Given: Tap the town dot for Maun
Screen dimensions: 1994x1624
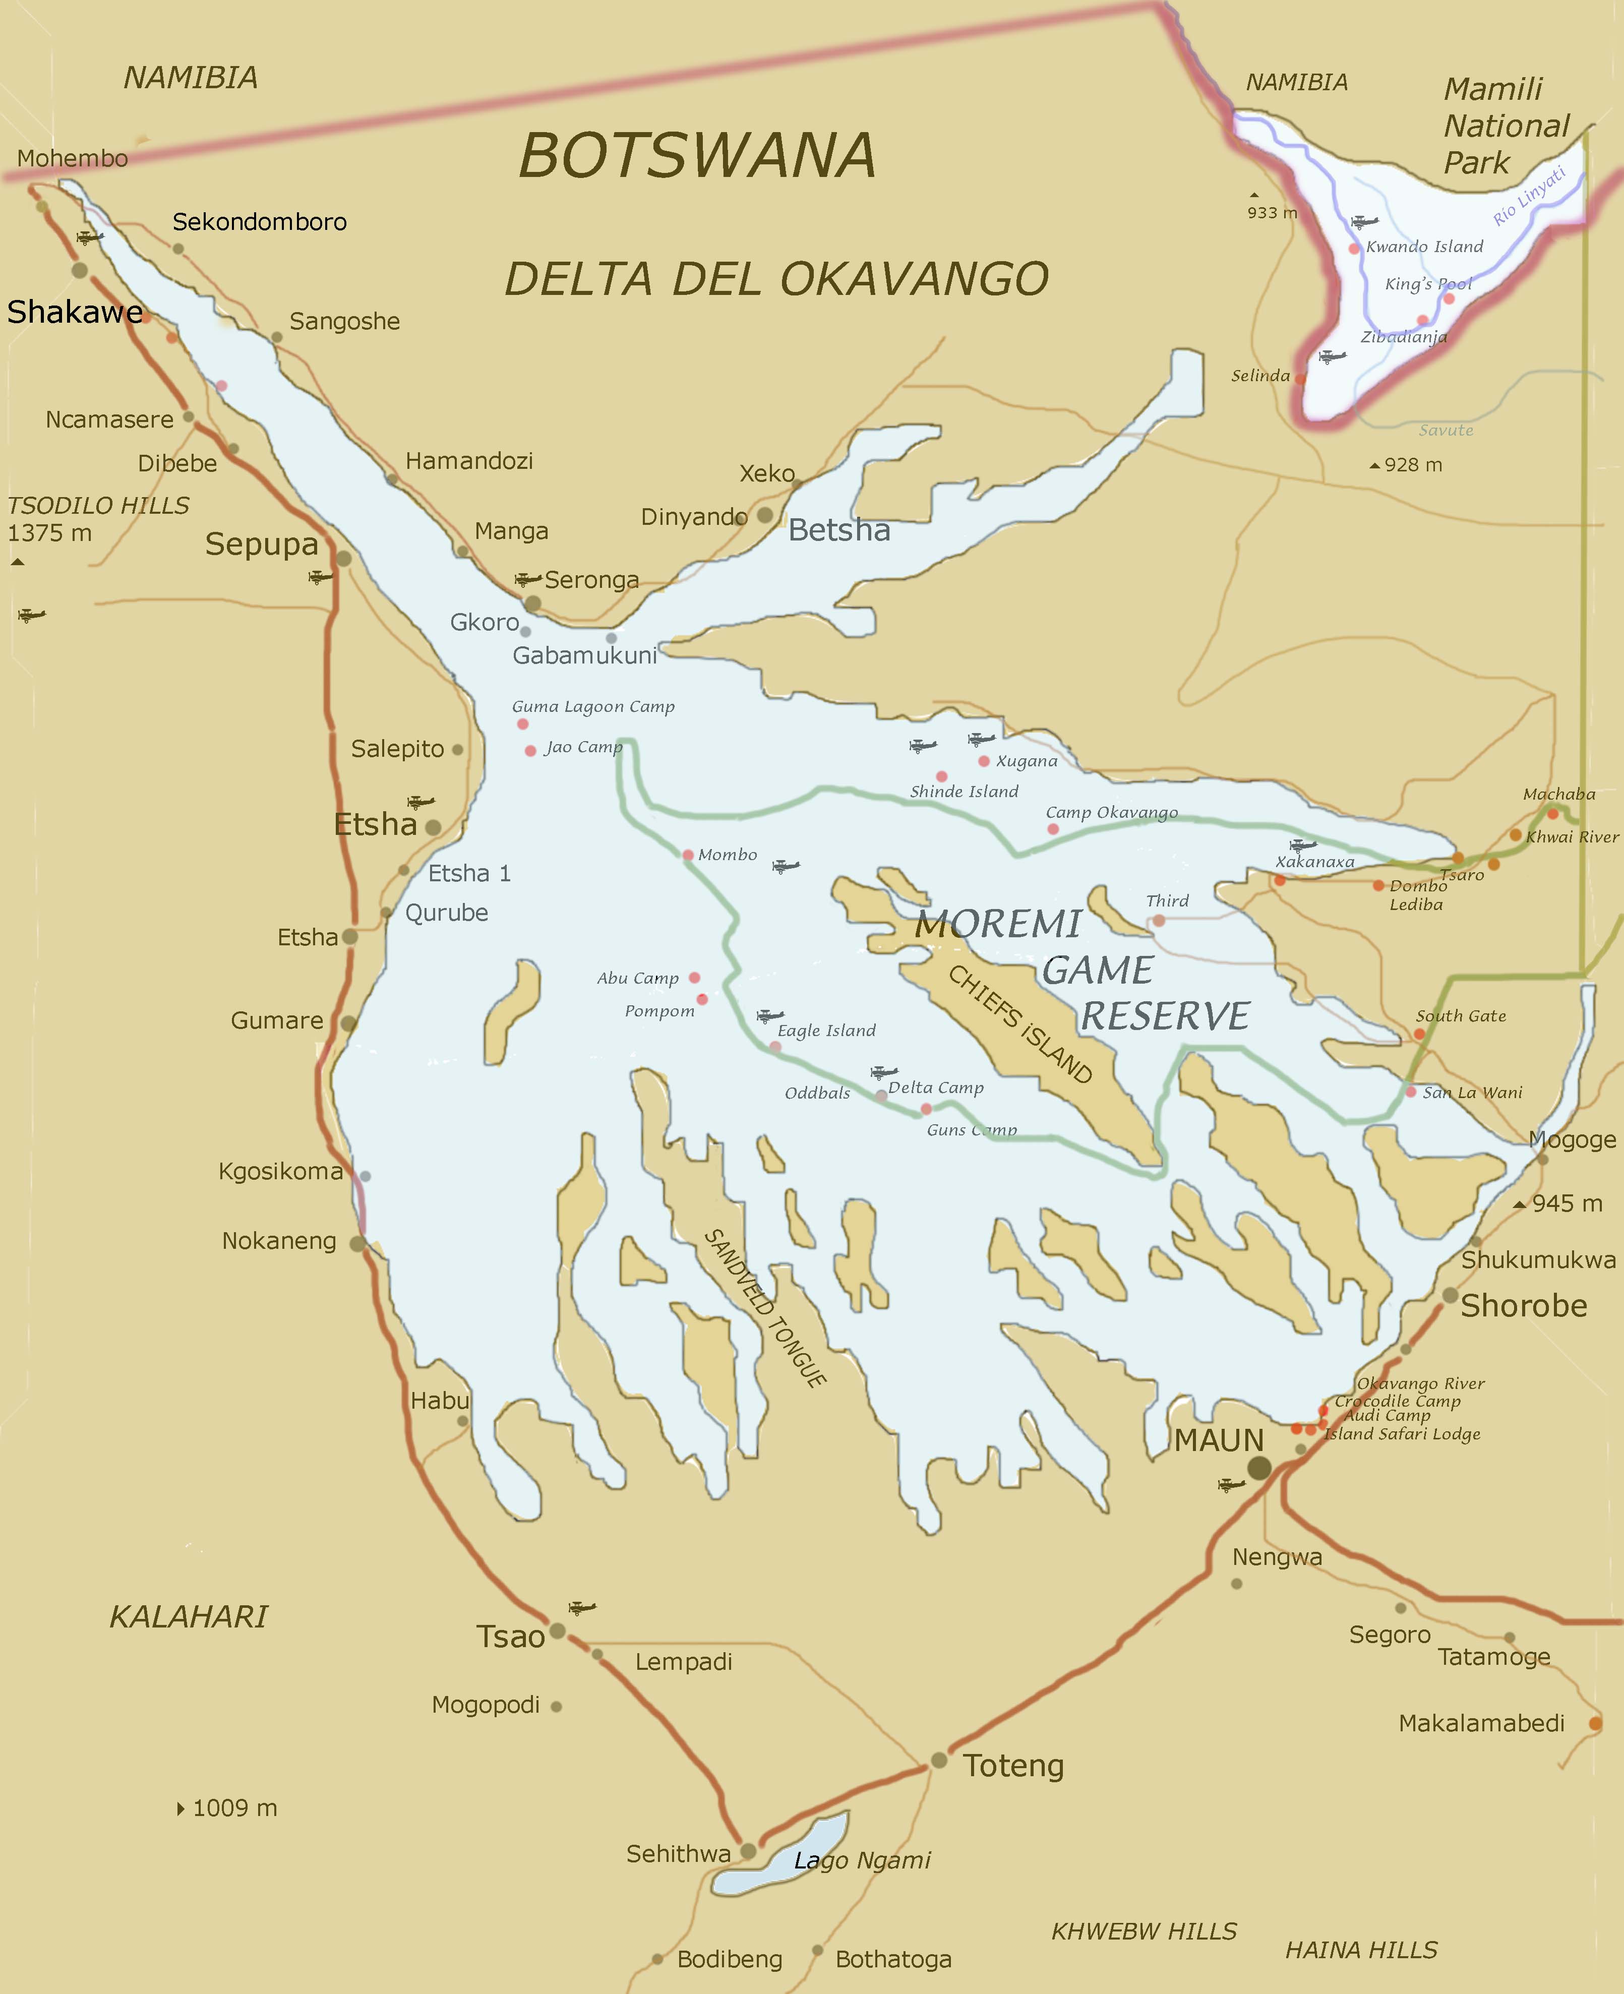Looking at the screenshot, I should point(1259,1468).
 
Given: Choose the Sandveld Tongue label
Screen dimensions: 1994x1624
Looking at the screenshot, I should point(764,1307).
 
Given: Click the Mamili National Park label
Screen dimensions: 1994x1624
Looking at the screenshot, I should point(1505,126).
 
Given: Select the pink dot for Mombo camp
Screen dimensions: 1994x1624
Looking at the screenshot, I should point(688,855).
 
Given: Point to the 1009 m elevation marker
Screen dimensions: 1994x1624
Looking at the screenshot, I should point(227,1808).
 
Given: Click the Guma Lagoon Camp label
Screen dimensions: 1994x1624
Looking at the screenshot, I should point(593,706).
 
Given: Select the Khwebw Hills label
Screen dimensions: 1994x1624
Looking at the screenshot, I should point(1143,1931).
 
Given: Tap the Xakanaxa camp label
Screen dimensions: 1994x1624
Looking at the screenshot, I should point(1314,862).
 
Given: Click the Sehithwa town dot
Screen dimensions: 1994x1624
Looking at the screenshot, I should point(747,1851).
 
